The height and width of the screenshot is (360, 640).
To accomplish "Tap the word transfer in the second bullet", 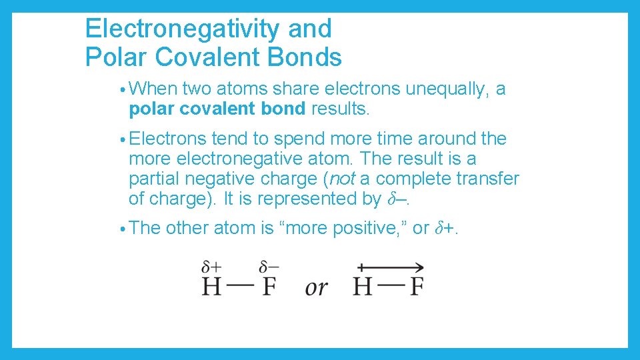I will pyautogui.click(x=486, y=179).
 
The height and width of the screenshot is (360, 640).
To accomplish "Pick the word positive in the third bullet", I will pyautogui.click(x=368, y=228).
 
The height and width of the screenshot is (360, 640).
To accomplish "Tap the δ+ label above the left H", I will pyautogui.click(x=212, y=267).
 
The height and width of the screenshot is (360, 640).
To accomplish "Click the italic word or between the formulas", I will pyautogui.click(x=317, y=287).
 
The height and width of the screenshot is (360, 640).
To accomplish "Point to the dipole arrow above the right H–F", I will pyautogui.click(x=390, y=268).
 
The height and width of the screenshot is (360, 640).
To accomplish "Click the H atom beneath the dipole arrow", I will pyautogui.click(x=362, y=287).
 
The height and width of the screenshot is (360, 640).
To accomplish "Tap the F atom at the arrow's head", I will pyautogui.click(x=417, y=287).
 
